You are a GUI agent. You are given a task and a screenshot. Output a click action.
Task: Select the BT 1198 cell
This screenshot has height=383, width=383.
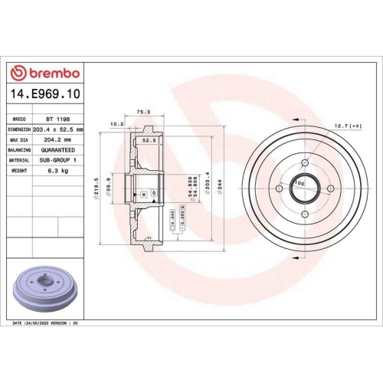pyautogui.click(x=55, y=120)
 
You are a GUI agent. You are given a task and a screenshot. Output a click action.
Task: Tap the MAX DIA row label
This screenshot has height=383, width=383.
pyautogui.click(x=19, y=140)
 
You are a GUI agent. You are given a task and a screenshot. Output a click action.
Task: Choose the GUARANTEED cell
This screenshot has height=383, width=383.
pyautogui.click(x=58, y=150)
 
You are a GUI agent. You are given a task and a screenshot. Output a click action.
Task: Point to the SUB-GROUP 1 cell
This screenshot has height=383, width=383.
pyautogui.click(x=58, y=160)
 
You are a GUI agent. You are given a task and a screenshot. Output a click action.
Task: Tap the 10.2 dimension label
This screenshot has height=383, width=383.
pyautogui.click(x=117, y=123)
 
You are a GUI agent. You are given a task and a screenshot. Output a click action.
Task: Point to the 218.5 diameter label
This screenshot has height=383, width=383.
pyautogui.click(x=96, y=186)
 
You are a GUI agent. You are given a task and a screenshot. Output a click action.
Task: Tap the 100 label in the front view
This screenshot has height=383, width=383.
pyautogui.click(x=300, y=184)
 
